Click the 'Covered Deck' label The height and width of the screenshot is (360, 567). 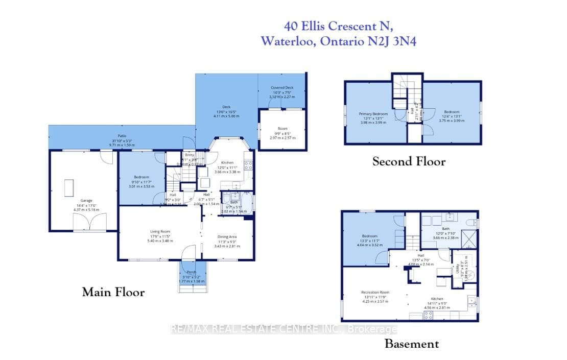click(282, 88)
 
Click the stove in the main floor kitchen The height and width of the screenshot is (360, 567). click(248, 165)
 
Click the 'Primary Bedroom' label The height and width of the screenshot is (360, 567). click(374, 113)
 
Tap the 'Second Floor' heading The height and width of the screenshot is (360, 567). click(409, 162)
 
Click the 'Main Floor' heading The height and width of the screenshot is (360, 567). click(113, 293)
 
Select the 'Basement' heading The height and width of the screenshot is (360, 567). click(411, 344)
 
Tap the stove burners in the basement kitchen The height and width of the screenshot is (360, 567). click(429, 315)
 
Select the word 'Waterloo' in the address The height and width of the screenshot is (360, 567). click(288, 42)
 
